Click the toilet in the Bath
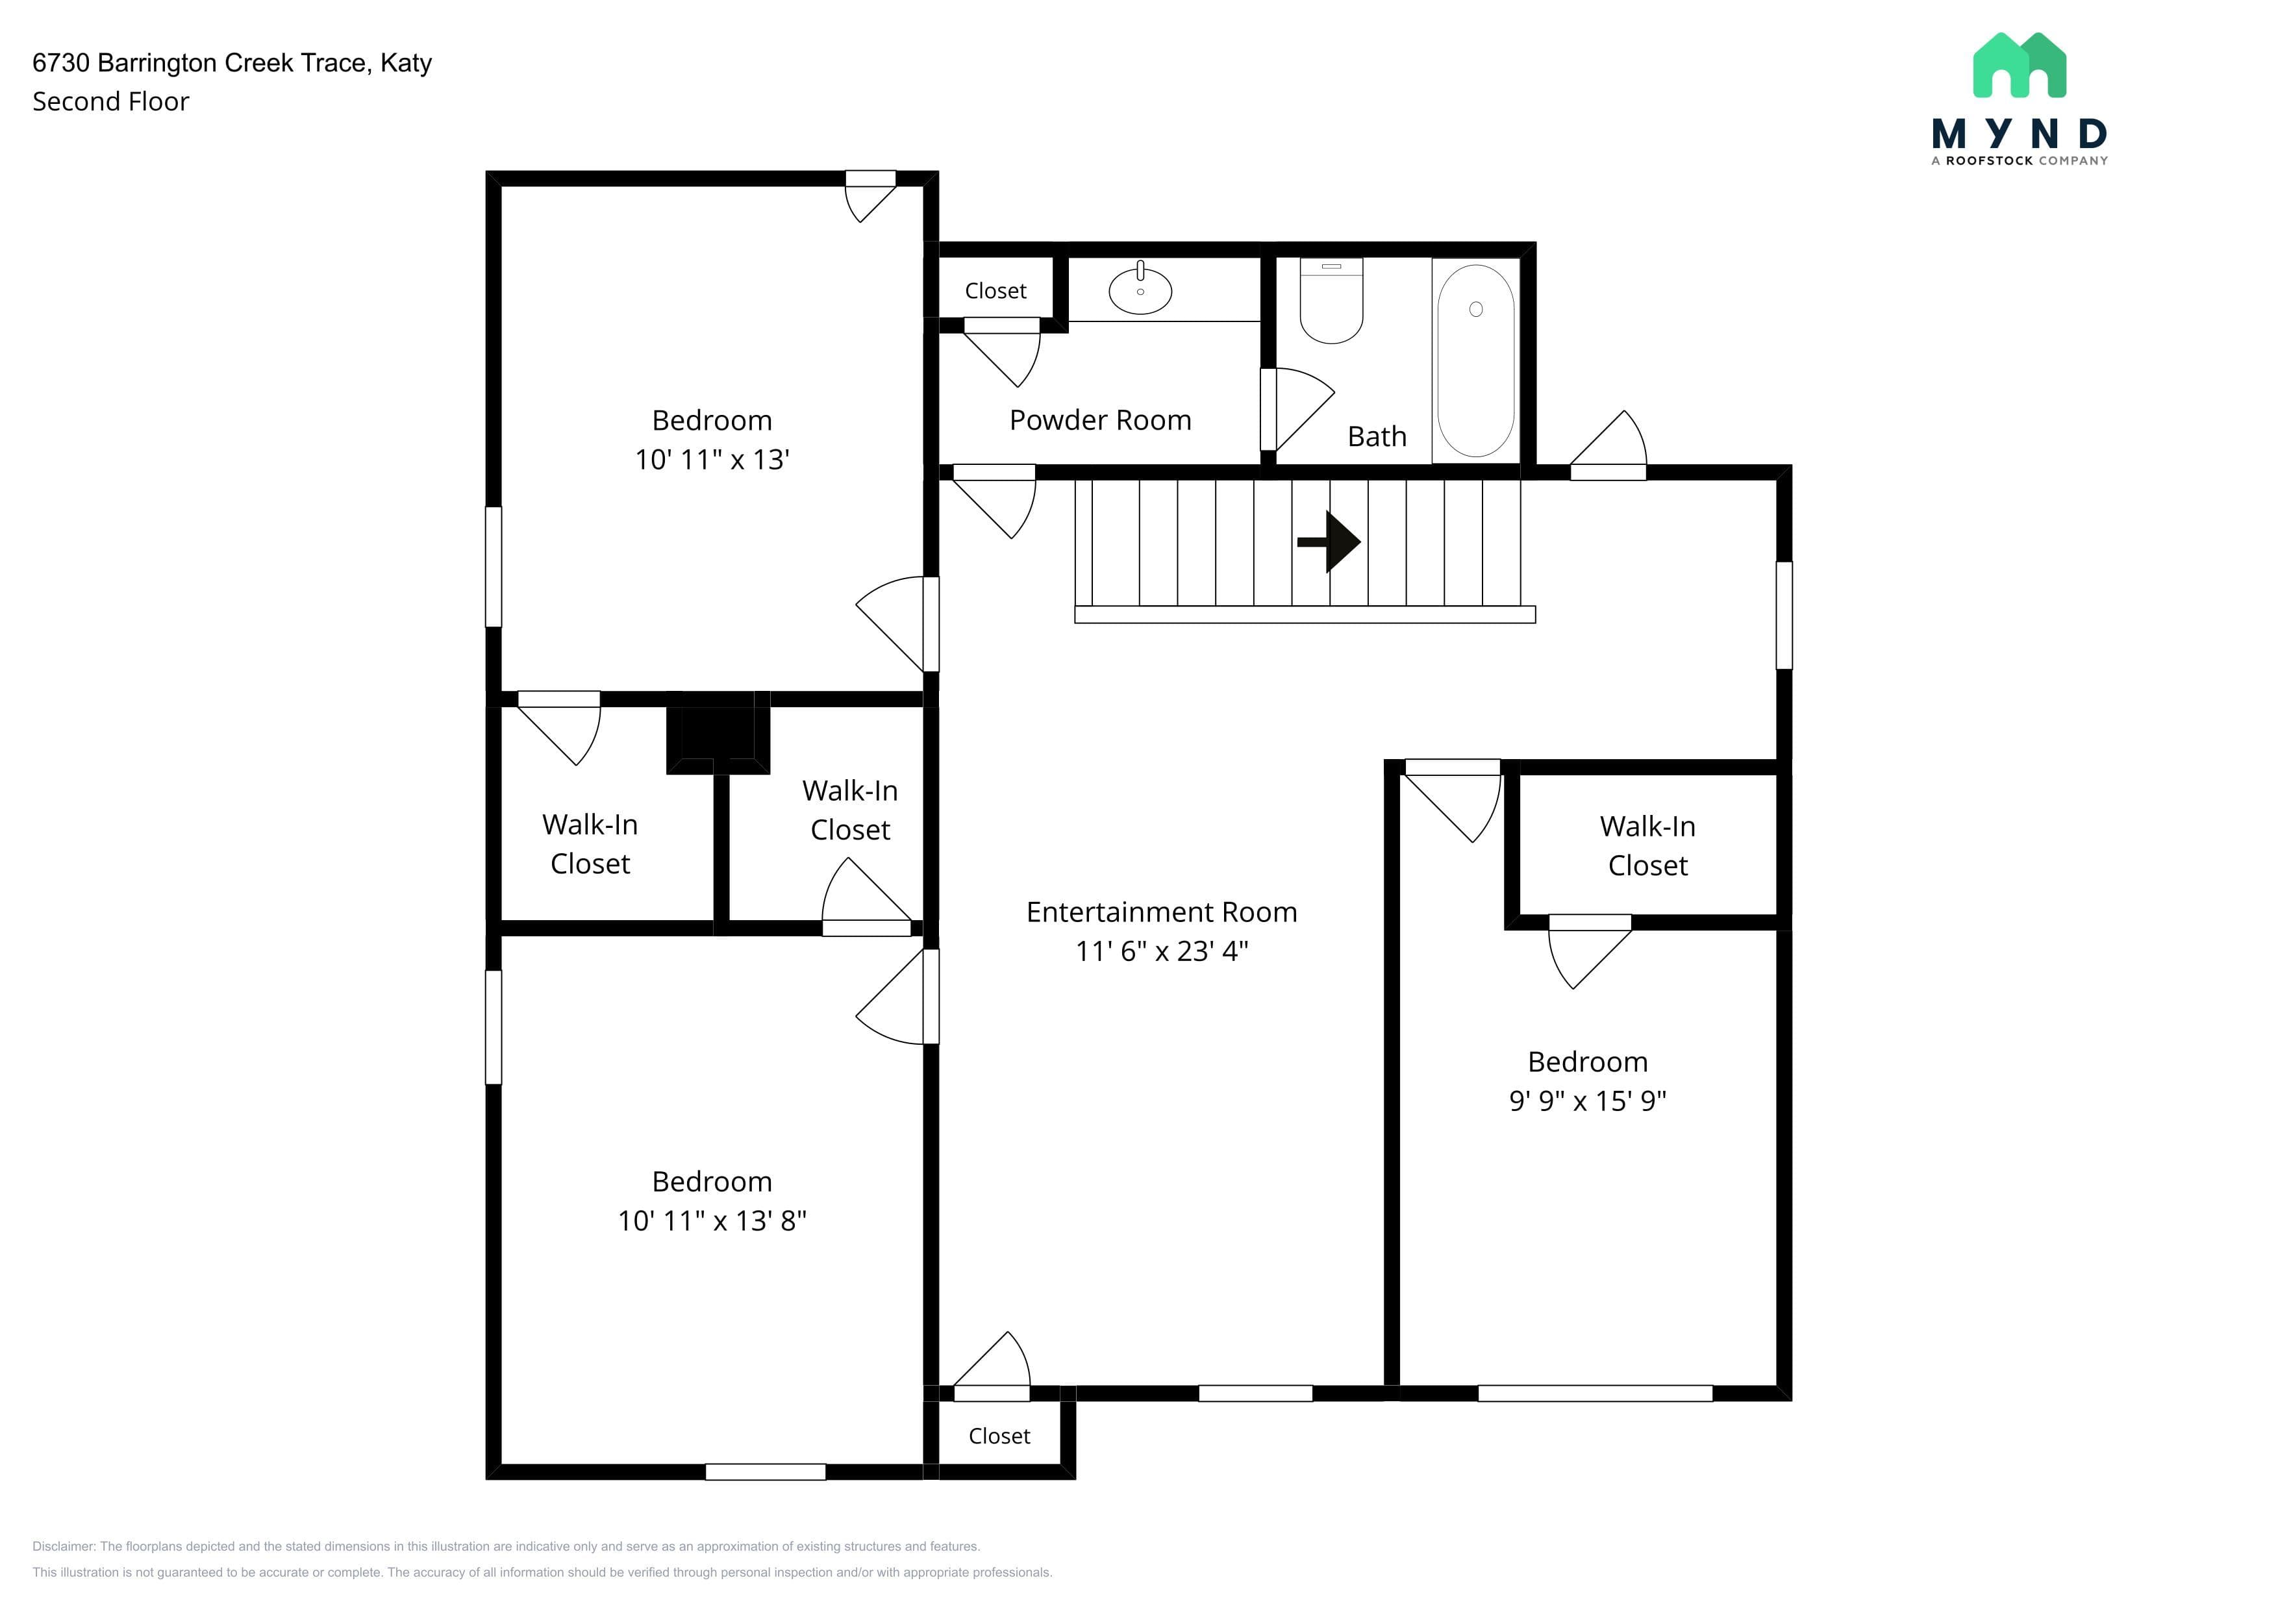pyautogui.click(x=1331, y=301)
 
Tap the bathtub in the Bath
pyautogui.click(x=1475, y=360)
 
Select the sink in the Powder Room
pyautogui.click(x=1140, y=290)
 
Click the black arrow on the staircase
pyautogui.click(x=1329, y=542)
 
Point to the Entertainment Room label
pyautogui.click(x=1161, y=912)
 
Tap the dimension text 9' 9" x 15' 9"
pyautogui.click(x=1588, y=1100)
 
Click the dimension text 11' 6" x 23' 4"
pyautogui.click(x=1161, y=951)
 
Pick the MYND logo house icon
pyautogui.click(x=2019, y=66)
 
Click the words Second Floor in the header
pyautogui.click(x=110, y=101)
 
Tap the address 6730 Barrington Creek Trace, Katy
pyautogui.click(x=232, y=62)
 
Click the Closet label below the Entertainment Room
pyautogui.click(x=999, y=1436)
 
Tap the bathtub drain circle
pyautogui.click(x=1475, y=310)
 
